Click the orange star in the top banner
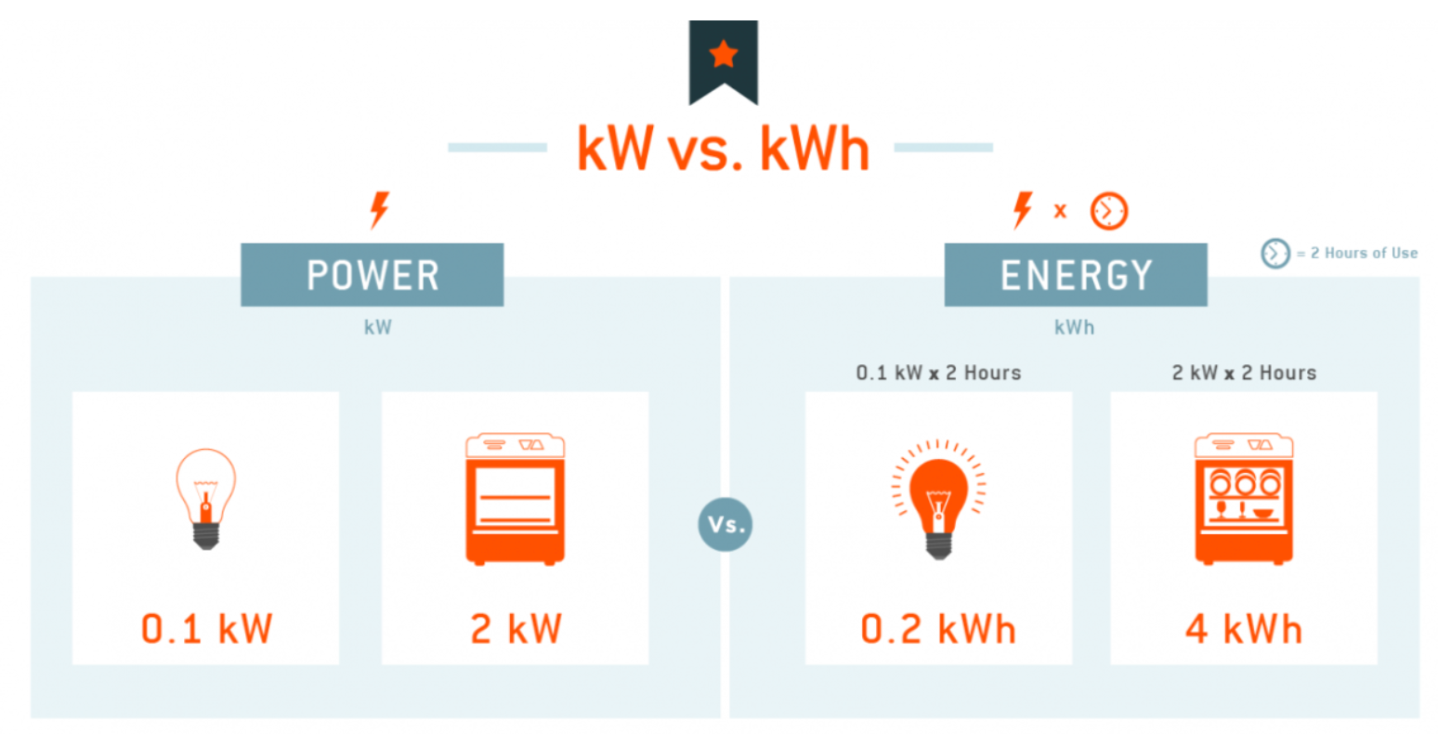tap(723, 55)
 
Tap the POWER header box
tap(373, 275)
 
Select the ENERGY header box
tap(1076, 275)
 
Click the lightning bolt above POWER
tap(379, 210)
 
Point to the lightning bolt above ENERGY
tap(1023, 210)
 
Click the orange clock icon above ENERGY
tap(1108, 211)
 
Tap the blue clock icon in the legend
tap(1275, 253)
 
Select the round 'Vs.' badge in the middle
tap(725, 525)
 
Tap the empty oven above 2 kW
tap(516, 499)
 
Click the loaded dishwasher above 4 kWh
tap(1244, 499)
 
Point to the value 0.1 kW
tap(206, 629)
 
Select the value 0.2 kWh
tap(938, 629)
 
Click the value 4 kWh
tap(1244, 629)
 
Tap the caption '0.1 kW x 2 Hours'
tap(938, 373)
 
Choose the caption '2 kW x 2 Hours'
tap(1244, 373)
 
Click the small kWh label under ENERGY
tap(1074, 327)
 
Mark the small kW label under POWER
tap(377, 327)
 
